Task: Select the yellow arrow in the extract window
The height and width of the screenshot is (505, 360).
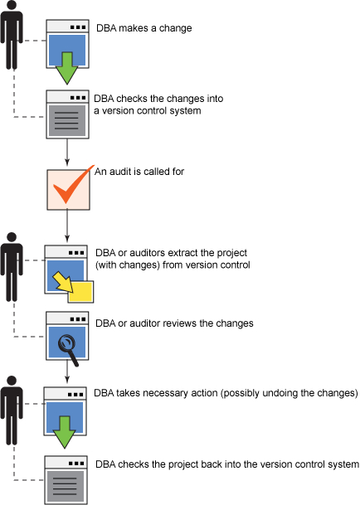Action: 63,282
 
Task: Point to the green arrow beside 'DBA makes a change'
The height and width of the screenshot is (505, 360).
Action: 66,68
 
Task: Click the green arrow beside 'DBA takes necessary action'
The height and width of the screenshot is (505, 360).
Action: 65,432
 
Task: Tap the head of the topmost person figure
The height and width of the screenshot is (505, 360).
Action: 12,6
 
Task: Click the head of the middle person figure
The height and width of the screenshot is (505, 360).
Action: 12,237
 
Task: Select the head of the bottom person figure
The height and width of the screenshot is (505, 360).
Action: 12,381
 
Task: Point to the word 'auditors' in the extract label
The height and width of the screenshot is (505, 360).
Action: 148,253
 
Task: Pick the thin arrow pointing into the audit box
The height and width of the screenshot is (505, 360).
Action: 67,153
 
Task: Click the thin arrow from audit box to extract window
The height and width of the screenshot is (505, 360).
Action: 67,226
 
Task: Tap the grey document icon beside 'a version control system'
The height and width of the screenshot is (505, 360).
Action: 67,120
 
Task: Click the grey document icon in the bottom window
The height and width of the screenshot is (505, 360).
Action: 66,486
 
